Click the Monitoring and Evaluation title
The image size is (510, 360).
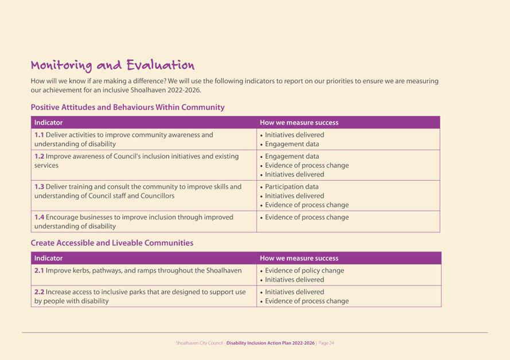112,65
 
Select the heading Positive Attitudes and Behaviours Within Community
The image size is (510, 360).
127,107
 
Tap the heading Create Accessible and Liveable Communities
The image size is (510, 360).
112,243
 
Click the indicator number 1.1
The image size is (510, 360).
39,135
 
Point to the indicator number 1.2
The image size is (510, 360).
39,156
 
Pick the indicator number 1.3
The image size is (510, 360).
39,187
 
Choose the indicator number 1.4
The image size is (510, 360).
39,217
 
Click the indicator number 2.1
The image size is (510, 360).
39,271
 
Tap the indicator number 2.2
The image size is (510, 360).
39,292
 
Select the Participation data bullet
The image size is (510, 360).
291,187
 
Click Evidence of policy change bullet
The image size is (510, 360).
304,271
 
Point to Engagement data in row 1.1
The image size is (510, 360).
291,144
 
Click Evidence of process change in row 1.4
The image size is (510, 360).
306,217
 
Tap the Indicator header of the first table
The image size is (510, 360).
49,123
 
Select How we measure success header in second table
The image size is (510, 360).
299,259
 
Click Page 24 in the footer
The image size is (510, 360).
326,343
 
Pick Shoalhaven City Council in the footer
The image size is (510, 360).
199,343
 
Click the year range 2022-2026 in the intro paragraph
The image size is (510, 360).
183,91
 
